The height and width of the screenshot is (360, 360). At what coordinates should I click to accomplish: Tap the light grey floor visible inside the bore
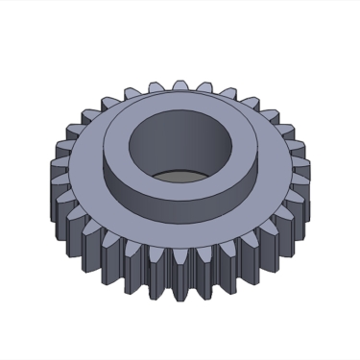click(x=183, y=176)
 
